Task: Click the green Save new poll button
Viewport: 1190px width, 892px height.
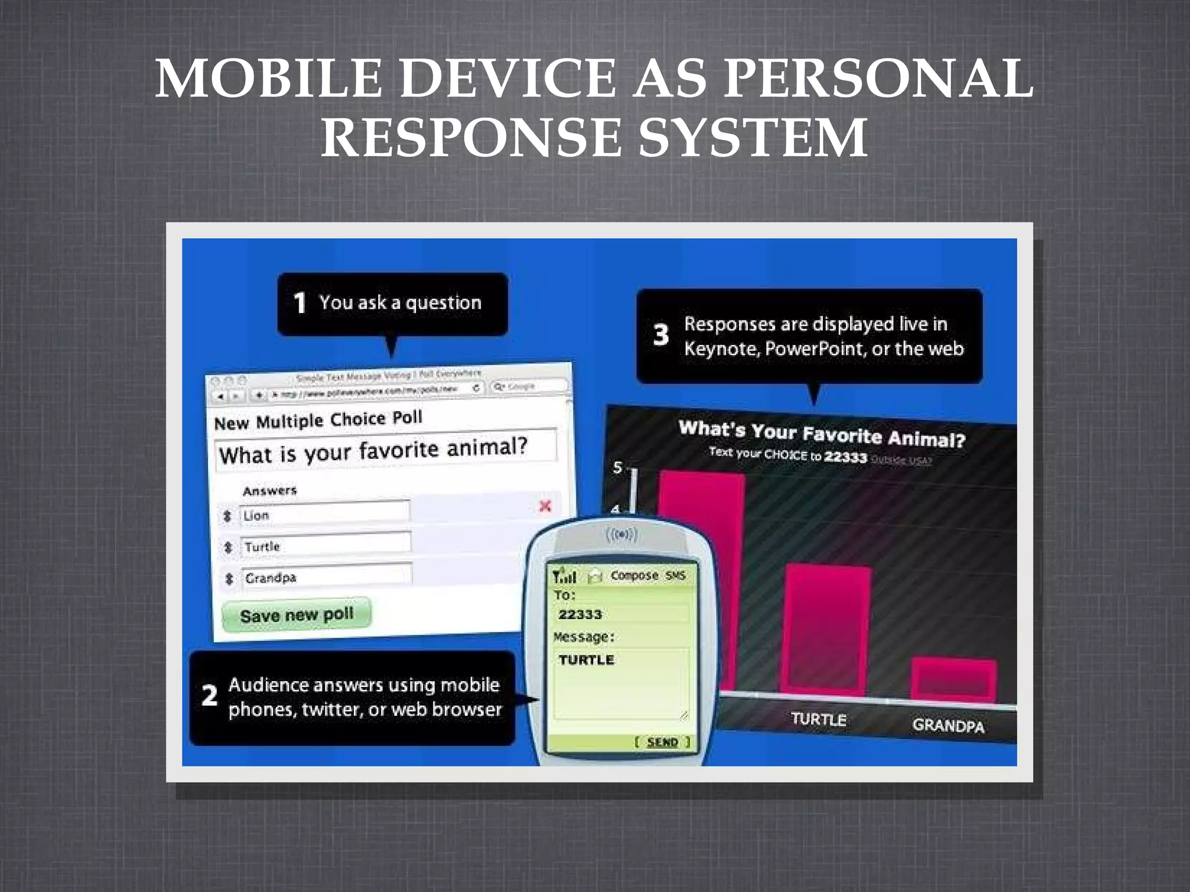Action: [x=296, y=614]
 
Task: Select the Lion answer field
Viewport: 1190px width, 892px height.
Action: [x=324, y=513]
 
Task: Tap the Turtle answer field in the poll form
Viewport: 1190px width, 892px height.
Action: [x=325, y=545]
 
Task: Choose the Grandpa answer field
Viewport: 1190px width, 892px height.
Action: [x=327, y=576]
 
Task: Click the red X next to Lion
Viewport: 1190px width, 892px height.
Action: [x=545, y=506]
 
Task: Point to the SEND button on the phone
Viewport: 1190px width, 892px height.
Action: [x=662, y=742]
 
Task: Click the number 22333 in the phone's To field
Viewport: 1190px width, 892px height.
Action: [x=580, y=614]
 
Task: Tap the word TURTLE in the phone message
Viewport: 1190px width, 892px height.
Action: [x=586, y=660]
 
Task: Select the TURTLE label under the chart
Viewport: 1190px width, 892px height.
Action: [x=818, y=719]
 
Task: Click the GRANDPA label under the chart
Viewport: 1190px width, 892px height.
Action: [x=948, y=725]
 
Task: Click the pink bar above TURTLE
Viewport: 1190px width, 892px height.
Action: [x=827, y=630]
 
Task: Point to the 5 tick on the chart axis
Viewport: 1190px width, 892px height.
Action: [x=618, y=467]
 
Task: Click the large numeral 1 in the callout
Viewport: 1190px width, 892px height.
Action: [x=300, y=303]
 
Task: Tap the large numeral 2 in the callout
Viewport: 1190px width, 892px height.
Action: [x=209, y=695]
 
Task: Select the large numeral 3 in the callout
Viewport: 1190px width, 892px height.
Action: [x=661, y=334]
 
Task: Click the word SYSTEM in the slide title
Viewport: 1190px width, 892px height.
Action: [x=752, y=138]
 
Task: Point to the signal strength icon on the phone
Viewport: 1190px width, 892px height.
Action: [x=564, y=577]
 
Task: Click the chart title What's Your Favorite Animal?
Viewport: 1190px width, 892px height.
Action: [x=822, y=433]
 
